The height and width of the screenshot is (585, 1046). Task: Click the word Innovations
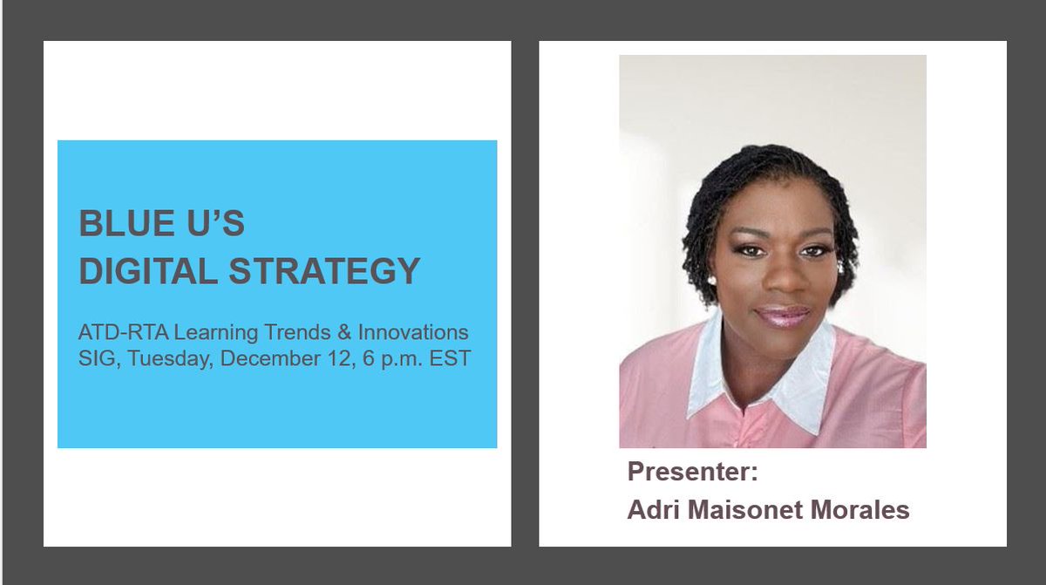[413, 332]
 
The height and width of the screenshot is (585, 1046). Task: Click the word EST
[449, 358]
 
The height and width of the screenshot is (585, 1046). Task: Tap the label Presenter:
[693, 473]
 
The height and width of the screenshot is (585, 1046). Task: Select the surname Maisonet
[747, 510]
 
